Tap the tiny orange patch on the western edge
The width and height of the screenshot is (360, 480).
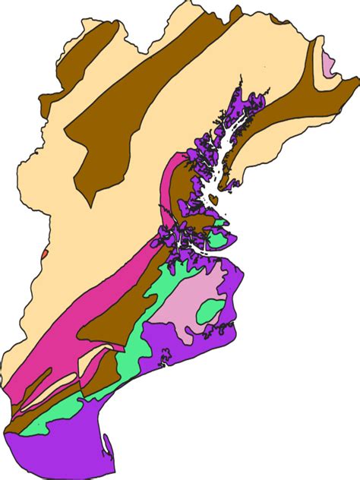46,253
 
